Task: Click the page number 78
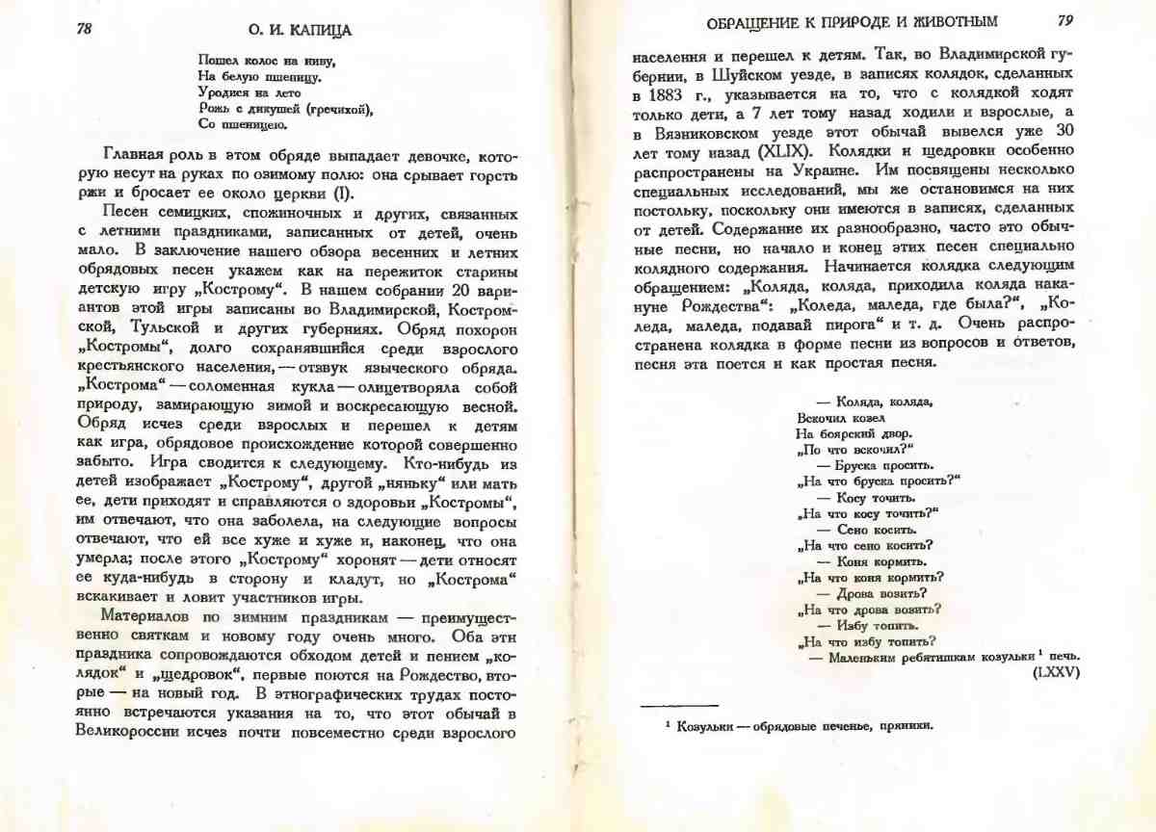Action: point(85,29)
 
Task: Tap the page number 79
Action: point(1065,20)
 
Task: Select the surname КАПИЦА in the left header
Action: point(317,31)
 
